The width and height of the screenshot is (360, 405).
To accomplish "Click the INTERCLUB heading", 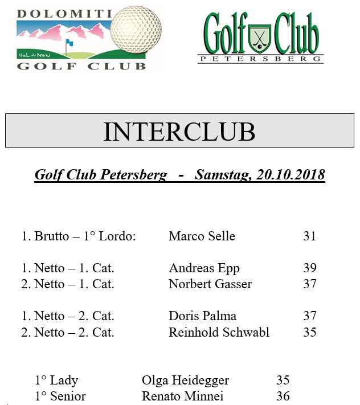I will click(179, 132).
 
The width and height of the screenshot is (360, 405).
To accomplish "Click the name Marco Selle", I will click(202, 236).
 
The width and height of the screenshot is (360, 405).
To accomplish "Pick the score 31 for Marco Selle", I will click(309, 236).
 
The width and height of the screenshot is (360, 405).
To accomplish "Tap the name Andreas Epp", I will click(204, 268).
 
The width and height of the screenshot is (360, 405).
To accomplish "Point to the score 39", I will click(309, 268).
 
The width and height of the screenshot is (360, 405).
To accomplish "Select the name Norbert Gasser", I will click(210, 284).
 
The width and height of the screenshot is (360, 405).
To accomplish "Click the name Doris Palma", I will click(202, 316).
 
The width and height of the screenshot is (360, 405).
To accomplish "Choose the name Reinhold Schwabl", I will click(219, 332).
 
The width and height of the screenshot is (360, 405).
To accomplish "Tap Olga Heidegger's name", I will click(185, 381).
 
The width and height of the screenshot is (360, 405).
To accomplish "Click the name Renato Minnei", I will click(182, 396).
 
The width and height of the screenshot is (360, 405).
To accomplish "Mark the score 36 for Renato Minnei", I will click(283, 396).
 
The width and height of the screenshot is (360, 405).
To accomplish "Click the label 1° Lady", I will click(56, 381).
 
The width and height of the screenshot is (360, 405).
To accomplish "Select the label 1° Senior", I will click(60, 396).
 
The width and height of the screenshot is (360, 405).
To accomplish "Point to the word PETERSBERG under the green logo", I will click(261, 59).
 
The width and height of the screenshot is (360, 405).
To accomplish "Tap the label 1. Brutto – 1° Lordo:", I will click(79, 236).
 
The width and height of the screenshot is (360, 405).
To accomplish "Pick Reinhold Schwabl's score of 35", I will click(309, 332).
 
